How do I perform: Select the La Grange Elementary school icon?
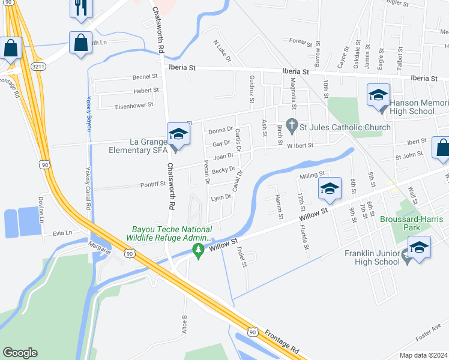pyautogui.click(x=178, y=135)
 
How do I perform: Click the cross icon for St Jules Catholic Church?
pyautogui.click(x=292, y=127)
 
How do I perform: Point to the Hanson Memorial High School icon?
pyautogui.click(x=378, y=96)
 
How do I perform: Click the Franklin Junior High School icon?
pyautogui.click(x=418, y=248)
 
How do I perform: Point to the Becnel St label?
pyautogui.click(x=144, y=77)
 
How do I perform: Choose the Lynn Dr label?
pyautogui.click(x=220, y=197)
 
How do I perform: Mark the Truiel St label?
pyautogui.click(x=243, y=256)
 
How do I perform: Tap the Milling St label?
pyautogui.click(x=312, y=176)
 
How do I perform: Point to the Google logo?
pyautogui.click(x=20, y=352)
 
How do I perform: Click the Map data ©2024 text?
pyautogui.click(x=424, y=355)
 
